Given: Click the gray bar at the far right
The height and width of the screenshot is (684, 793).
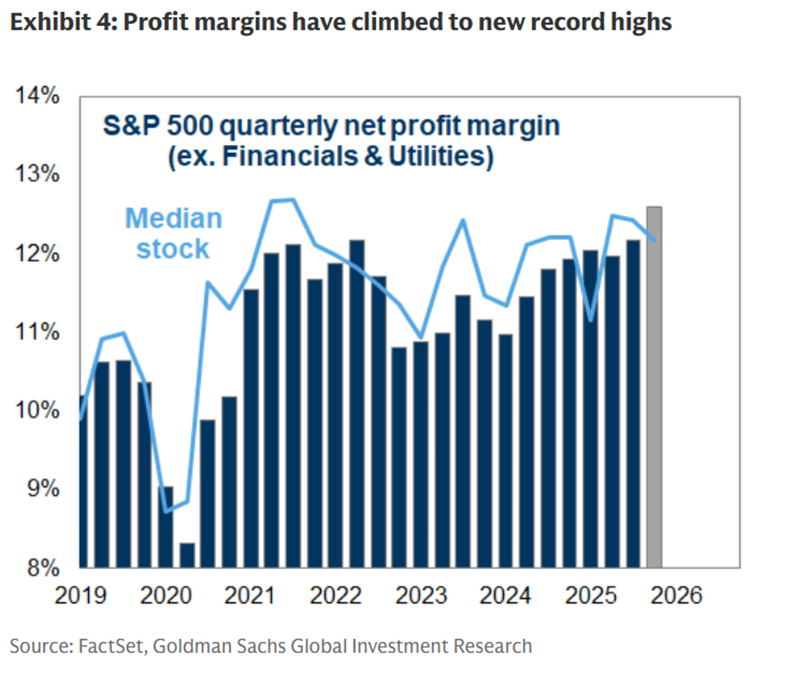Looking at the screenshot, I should [654, 387].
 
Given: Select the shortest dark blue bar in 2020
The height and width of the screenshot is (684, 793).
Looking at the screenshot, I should [188, 555].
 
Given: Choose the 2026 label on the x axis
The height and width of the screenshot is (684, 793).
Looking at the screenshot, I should [676, 596].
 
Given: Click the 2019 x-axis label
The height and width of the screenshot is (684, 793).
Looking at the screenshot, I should [80, 596].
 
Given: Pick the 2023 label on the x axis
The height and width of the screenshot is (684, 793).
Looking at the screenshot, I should [421, 596].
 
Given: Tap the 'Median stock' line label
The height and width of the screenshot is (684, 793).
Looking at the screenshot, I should [173, 234].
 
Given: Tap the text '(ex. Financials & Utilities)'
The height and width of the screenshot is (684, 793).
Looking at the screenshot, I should [330, 157].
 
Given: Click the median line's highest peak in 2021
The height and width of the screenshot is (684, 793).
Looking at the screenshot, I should [293, 199].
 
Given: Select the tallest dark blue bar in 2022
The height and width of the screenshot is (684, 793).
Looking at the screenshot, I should [357, 404].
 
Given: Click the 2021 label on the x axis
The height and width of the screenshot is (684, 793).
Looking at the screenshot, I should [250, 596].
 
